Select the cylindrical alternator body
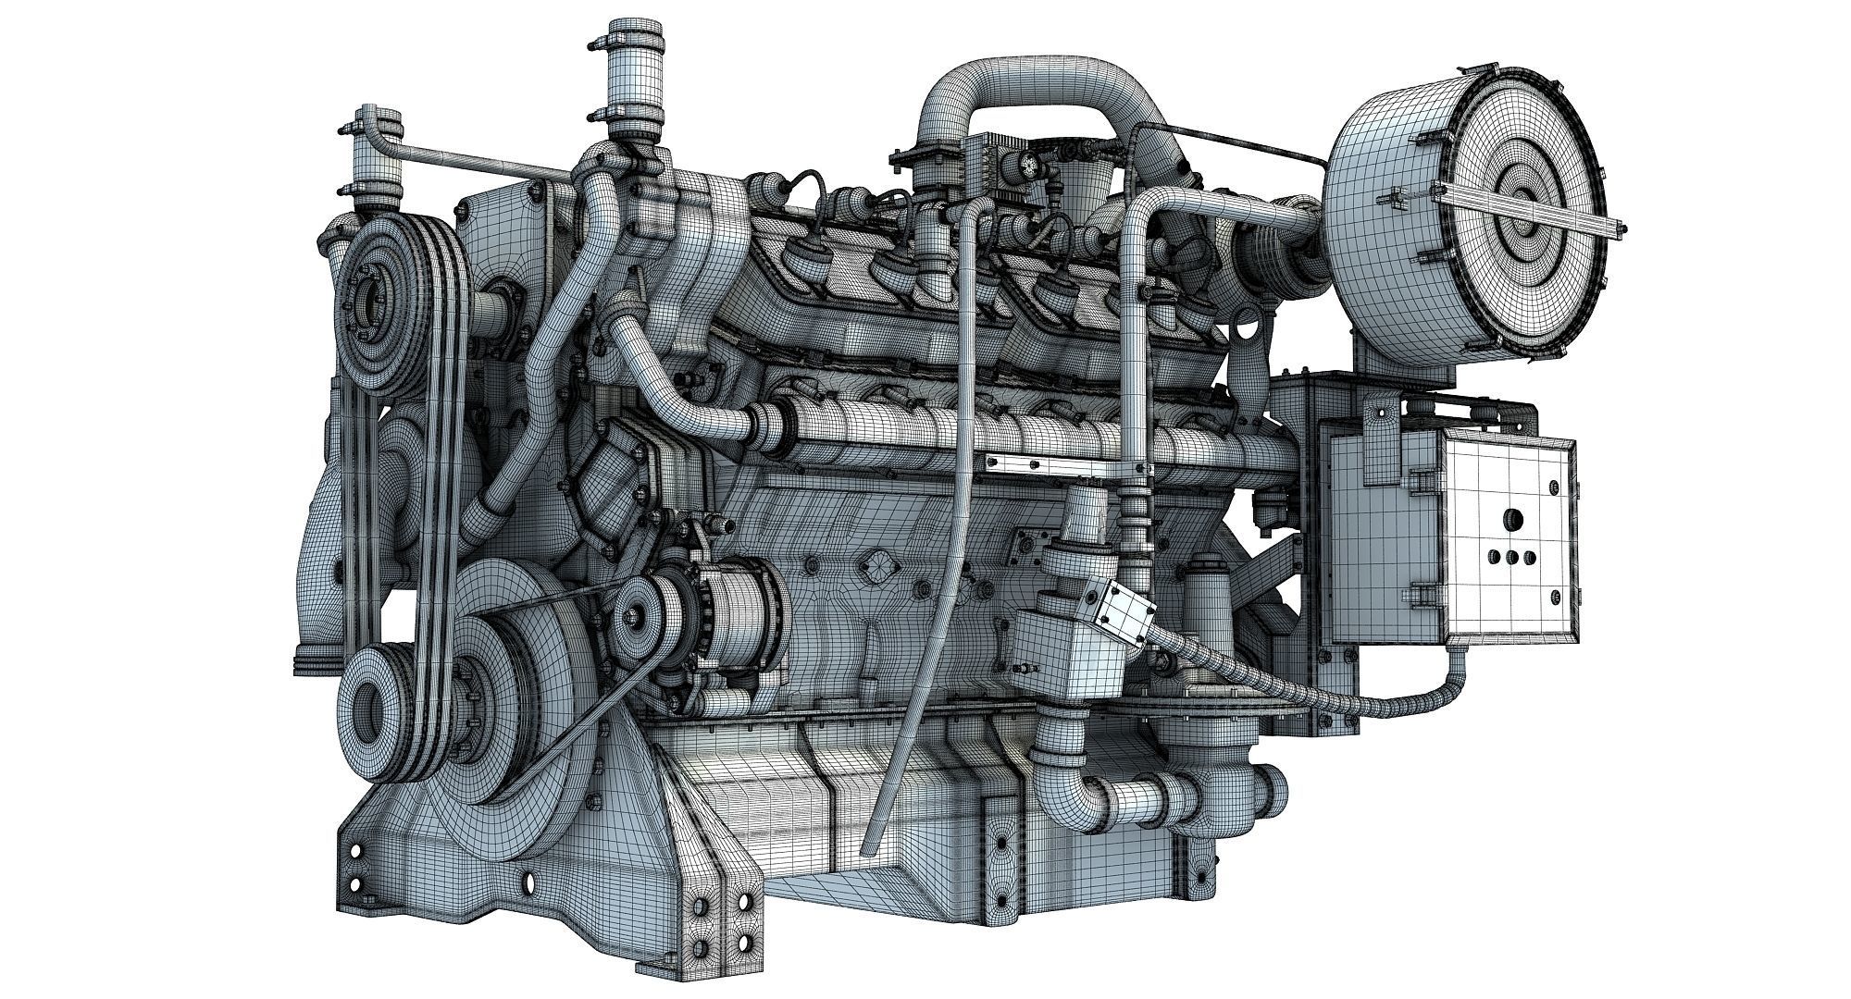(740, 610)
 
